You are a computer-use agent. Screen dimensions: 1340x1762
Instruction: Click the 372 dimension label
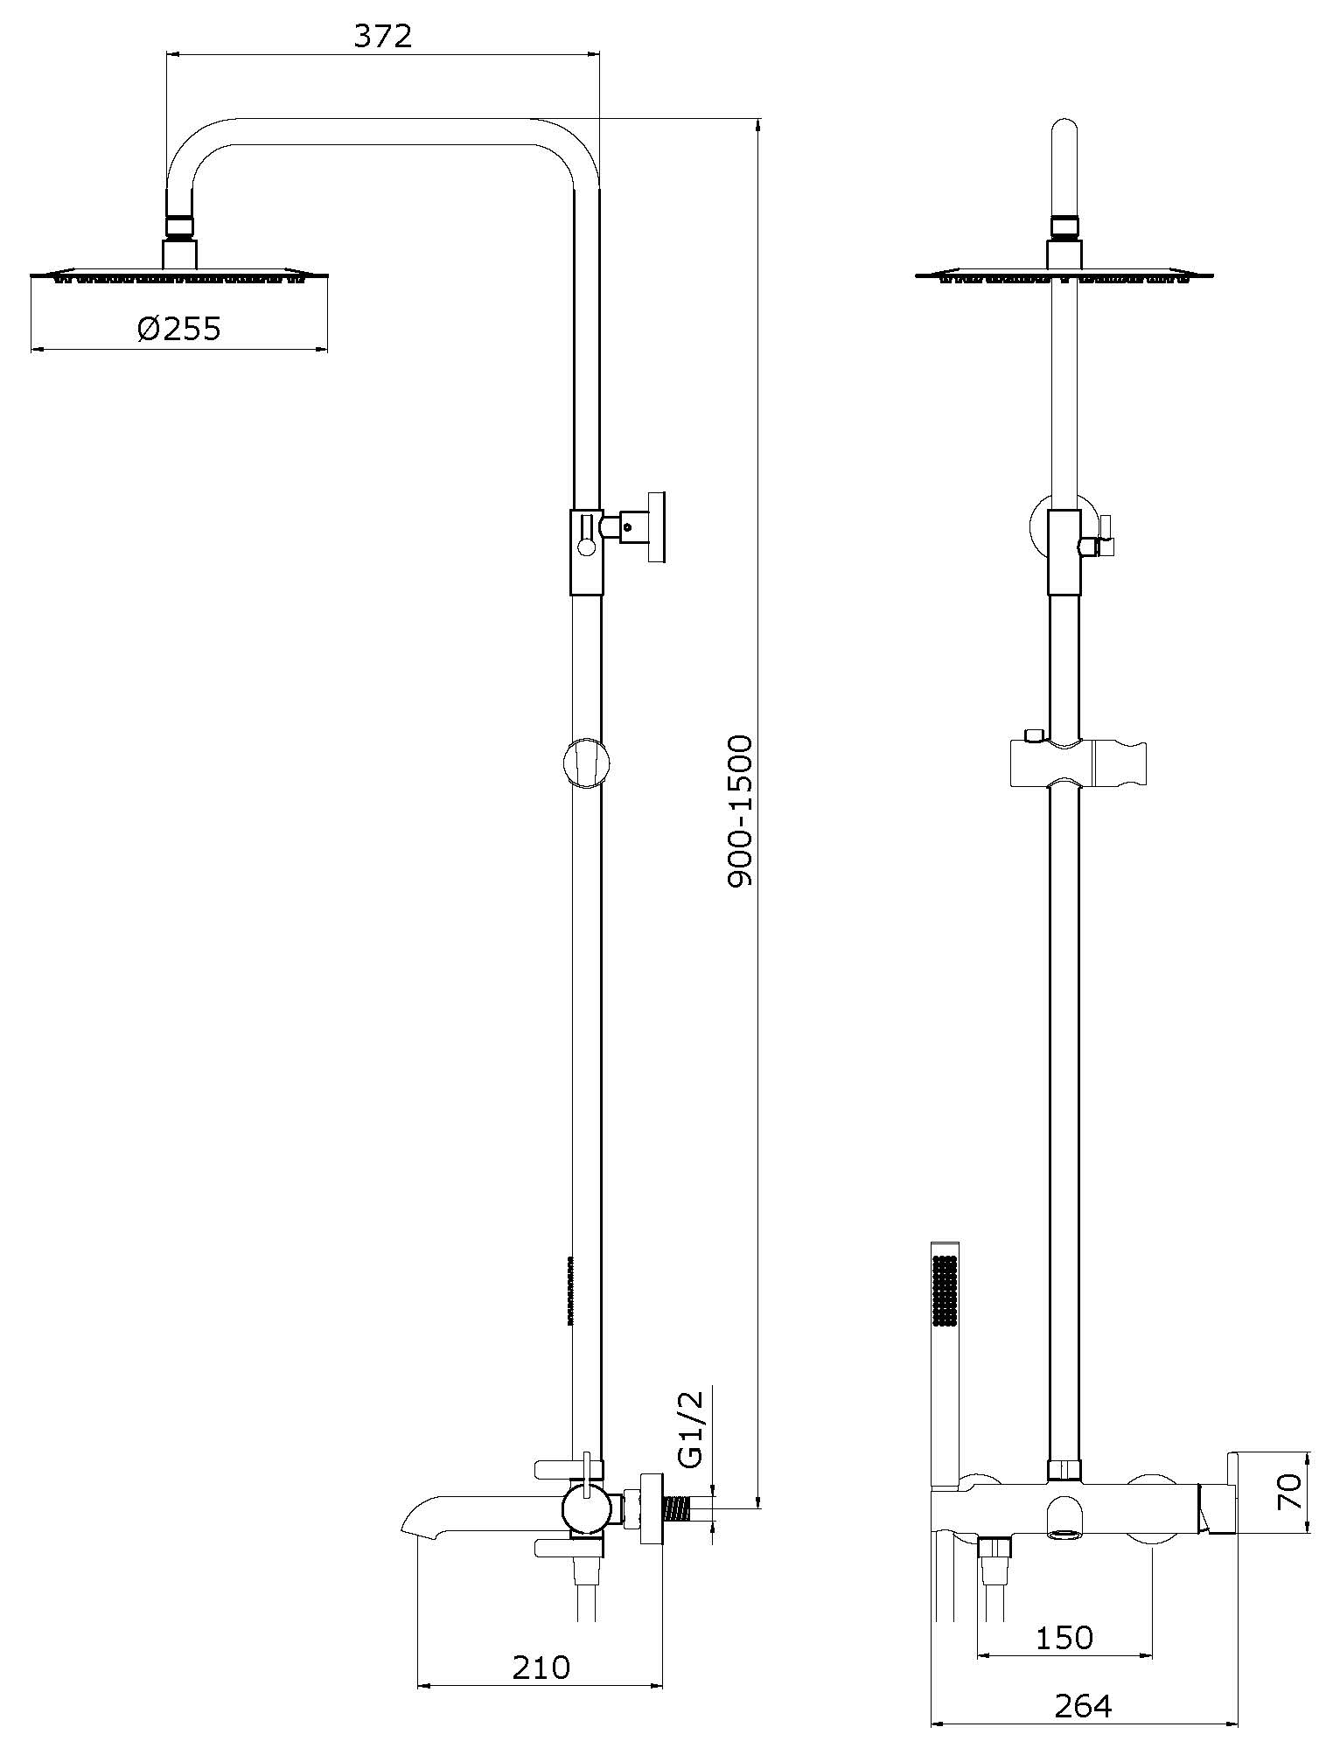tap(383, 36)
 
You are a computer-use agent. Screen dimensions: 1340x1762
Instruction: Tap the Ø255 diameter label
tap(179, 329)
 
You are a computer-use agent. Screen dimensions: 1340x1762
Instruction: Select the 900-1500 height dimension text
tap(740, 811)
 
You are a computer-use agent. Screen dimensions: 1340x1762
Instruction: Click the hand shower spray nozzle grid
tap(946, 1291)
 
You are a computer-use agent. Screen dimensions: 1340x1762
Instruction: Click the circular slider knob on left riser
tap(586, 763)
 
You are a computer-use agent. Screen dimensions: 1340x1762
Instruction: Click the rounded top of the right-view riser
tap(1064, 131)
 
